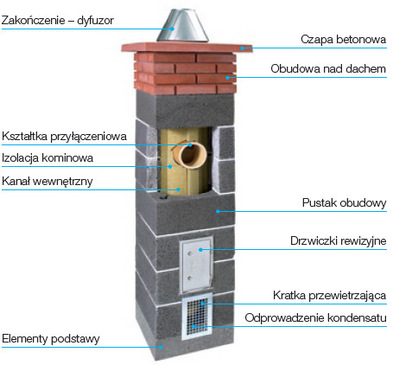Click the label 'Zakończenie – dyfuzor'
pos(58,21)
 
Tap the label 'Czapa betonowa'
pos(343,39)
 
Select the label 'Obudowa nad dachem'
pos(328,68)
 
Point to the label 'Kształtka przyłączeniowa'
pos(64,136)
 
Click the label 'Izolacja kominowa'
pos(48,158)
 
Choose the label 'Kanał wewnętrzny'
pos(48,182)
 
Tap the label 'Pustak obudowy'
pos(344,202)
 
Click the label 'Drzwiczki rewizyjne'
pos(339,240)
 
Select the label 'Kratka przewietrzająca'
pos(330,295)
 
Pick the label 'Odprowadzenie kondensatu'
pos(315,317)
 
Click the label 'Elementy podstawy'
pos(51,339)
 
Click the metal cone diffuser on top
pos(182,25)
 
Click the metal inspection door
pos(196,266)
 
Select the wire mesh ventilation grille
pos(197,317)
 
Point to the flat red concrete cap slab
pos(187,48)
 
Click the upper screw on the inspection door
pos(189,254)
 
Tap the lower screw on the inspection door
pos(189,279)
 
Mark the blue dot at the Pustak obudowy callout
pos(218,211)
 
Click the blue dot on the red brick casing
pos(227,78)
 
